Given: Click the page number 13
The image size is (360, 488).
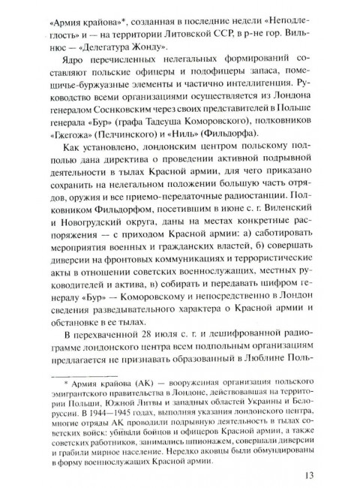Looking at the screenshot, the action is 312,474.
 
